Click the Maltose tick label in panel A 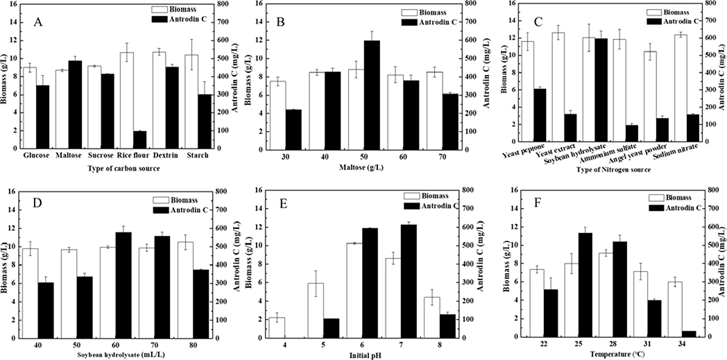(x=69, y=156)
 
